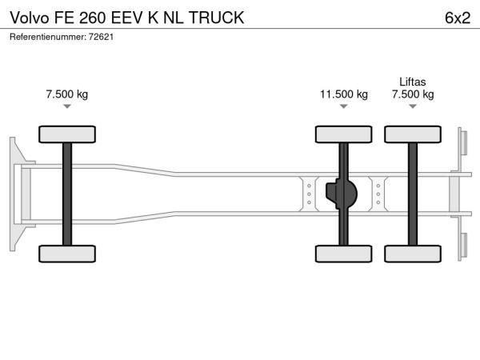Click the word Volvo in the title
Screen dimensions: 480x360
point(29,18)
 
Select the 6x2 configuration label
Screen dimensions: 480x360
point(458,18)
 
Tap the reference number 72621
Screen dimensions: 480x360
point(101,37)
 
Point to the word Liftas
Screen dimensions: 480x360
point(413,82)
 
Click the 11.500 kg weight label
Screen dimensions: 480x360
point(344,94)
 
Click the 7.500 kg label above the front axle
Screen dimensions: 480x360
point(67,94)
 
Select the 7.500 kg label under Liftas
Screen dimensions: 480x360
point(413,94)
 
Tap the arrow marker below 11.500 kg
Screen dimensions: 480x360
point(344,106)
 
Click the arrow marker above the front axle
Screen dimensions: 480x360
point(67,106)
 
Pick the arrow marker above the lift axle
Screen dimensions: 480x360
point(413,106)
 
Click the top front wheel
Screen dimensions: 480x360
point(67,134)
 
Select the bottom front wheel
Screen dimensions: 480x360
point(67,254)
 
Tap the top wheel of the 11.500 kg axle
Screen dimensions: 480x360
point(344,134)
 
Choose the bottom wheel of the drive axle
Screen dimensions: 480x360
point(344,254)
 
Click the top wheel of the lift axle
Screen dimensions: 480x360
point(413,134)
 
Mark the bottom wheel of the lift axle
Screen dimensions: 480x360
point(413,254)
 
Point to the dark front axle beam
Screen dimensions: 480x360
point(67,194)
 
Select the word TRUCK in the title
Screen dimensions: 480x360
point(217,18)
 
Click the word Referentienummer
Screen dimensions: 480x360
point(48,37)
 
